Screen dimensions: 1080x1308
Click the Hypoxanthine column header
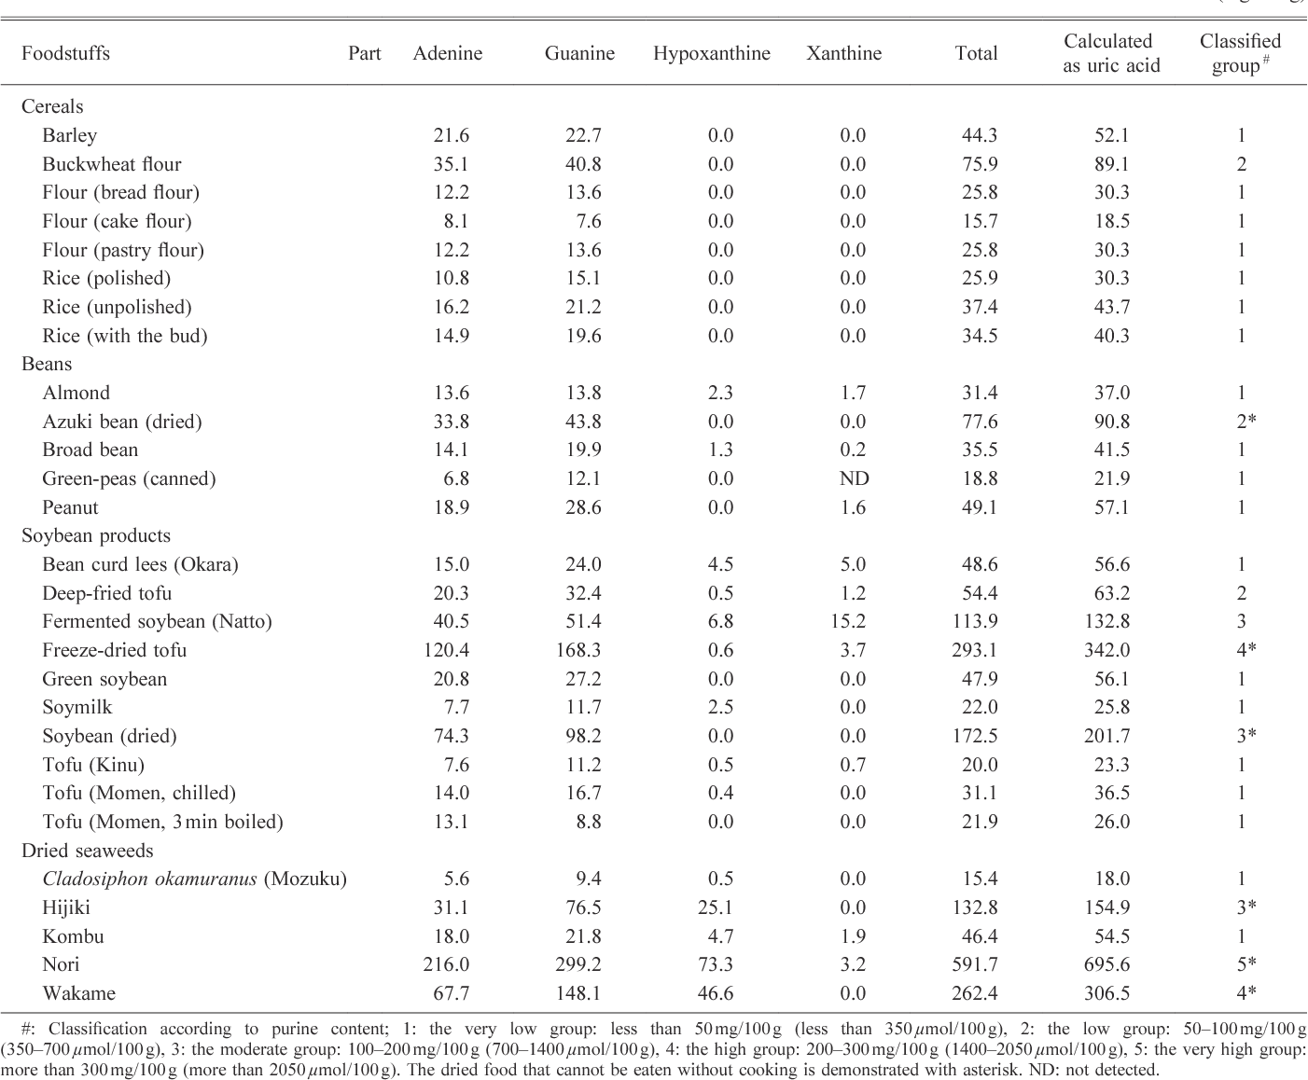point(711,53)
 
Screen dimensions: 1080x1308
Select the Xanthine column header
point(843,53)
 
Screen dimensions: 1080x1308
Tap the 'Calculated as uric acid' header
point(1110,53)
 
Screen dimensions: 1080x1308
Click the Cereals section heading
point(52,106)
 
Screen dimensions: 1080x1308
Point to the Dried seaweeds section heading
point(87,851)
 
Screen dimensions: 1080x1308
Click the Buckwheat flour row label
point(111,164)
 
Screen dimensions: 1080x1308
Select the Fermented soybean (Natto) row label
point(157,621)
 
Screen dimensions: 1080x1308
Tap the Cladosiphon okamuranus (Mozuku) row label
point(194,879)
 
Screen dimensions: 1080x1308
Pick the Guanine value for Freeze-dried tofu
point(578,650)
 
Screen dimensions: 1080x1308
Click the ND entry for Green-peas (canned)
point(854,478)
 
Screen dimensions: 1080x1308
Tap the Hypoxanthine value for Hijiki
point(716,907)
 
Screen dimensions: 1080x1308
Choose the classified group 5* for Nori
point(1245,964)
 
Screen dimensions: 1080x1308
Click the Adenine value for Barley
point(452,135)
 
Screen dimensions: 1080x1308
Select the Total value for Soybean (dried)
point(975,736)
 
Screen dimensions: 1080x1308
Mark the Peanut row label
point(70,507)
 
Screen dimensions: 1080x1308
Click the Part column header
point(364,53)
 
